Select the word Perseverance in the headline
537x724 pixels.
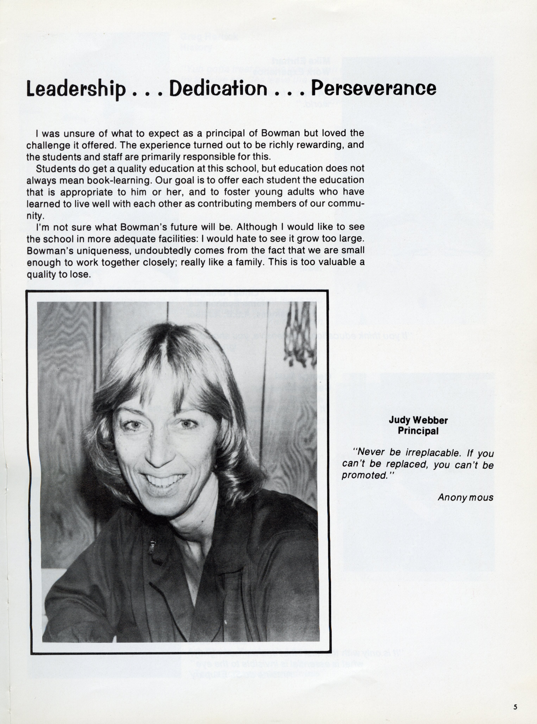[x=373, y=88]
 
